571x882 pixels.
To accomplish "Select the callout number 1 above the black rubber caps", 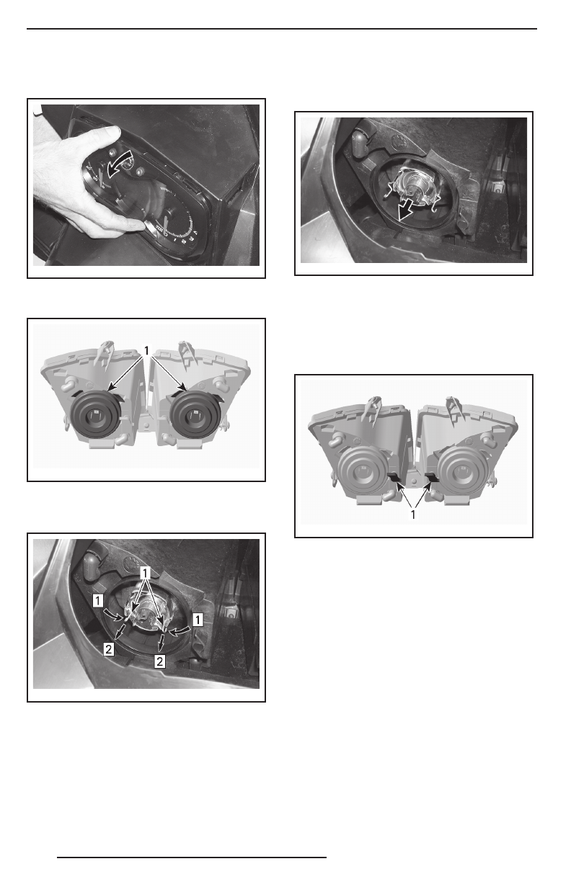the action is [146, 350].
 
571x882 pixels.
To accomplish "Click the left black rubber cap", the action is [95, 414].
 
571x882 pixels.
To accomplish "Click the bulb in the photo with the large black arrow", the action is [416, 185].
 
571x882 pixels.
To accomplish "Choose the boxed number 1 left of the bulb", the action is [98, 601].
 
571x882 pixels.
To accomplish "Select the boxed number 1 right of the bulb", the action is [198, 620].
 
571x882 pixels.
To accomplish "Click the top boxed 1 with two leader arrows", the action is [145, 574].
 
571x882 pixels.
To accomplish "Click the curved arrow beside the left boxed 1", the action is [113, 615].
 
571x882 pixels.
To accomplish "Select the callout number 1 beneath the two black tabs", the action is [413, 515].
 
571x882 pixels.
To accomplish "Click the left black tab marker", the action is [394, 478].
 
